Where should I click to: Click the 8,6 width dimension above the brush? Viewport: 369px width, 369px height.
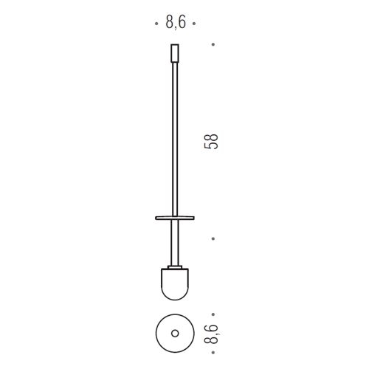click(176, 22)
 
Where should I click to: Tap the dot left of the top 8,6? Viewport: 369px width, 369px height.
click(156, 24)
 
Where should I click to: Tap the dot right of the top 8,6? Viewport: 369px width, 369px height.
click(194, 24)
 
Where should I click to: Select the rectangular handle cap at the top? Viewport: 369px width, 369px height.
click(175, 53)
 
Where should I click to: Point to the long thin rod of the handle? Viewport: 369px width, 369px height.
click(175, 139)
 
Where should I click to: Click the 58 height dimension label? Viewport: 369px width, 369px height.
click(211, 142)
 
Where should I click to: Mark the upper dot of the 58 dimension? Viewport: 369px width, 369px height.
click(213, 44)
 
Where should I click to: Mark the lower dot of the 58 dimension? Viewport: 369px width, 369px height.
click(213, 238)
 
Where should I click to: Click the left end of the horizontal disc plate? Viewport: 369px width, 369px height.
click(156, 218)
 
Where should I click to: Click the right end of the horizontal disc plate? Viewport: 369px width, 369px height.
click(194, 218)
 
